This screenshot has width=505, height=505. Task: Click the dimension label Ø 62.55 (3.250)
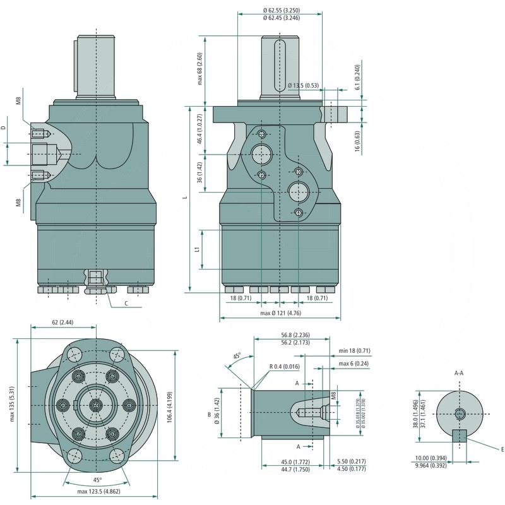[282, 10]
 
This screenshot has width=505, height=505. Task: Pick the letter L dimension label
[186, 198]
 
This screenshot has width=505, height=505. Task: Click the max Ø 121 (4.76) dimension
[281, 313]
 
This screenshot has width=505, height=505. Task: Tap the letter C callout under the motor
[126, 304]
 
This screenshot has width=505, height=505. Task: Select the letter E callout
[501, 449]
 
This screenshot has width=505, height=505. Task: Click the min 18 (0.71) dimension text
[354, 350]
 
